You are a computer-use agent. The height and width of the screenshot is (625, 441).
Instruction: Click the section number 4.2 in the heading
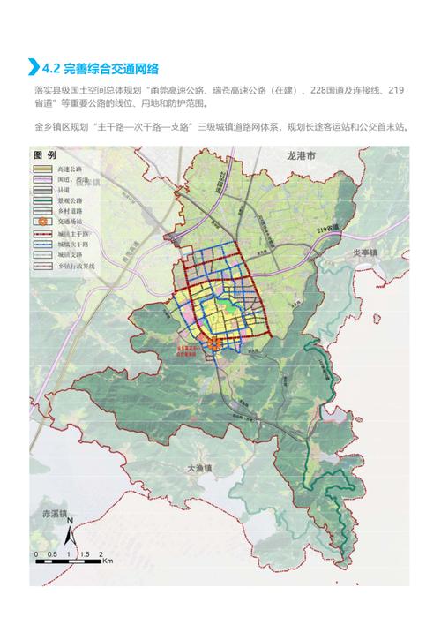pyautogui.click(x=51, y=66)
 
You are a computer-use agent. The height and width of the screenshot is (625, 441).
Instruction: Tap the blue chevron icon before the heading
pyautogui.click(x=34, y=66)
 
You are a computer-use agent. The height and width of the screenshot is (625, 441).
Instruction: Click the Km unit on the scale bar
pyautogui.click(x=107, y=560)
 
